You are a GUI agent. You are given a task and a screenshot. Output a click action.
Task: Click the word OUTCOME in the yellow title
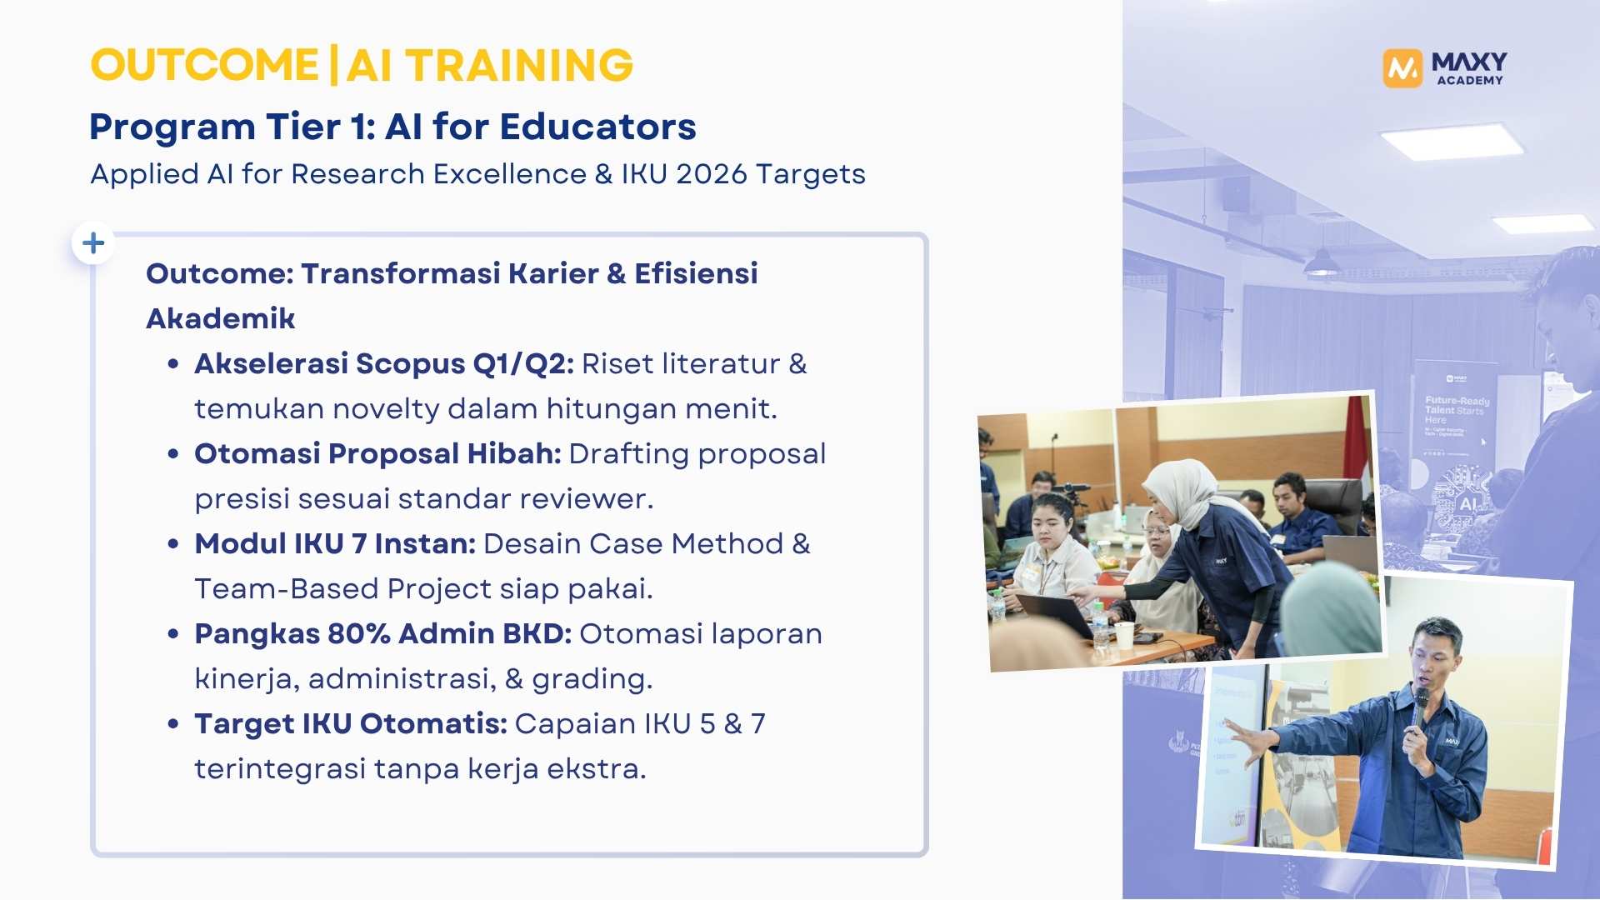tap(204, 65)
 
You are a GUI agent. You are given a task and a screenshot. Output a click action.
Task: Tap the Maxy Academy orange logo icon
tap(1402, 67)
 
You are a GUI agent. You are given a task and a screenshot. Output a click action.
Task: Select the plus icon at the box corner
tap(93, 242)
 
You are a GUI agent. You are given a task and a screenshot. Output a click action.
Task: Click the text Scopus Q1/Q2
tap(464, 364)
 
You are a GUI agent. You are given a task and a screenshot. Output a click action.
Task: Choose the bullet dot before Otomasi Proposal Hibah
tap(173, 454)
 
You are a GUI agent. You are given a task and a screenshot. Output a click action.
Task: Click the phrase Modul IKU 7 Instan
tap(334, 544)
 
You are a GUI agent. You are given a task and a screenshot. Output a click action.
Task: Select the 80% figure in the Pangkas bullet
tap(358, 634)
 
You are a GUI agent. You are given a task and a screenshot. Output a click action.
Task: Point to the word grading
tap(592, 679)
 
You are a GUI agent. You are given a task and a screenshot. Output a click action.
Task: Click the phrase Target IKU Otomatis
tap(350, 724)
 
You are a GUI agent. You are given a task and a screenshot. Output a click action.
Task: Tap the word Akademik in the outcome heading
tap(220, 319)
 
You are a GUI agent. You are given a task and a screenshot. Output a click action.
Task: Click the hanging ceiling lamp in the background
tap(1322, 264)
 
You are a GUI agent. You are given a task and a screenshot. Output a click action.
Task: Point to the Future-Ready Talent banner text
tap(1456, 406)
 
